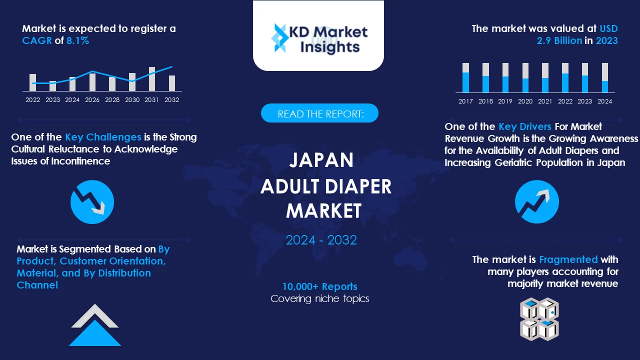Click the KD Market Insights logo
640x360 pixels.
(x=318, y=38)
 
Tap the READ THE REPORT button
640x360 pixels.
(x=320, y=113)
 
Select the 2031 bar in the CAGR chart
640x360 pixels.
(x=152, y=79)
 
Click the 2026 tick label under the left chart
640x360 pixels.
(x=92, y=100)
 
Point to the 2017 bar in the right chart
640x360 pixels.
(x=465, y=78)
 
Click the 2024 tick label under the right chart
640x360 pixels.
(x=604, y=101)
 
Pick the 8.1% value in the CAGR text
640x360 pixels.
(x=77, y=41)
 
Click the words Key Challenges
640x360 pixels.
(x=103, y=137)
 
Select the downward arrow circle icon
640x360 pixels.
(x=92, y=202)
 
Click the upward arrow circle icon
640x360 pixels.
(x=537, y=202)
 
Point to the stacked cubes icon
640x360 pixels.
(x=539, y=319)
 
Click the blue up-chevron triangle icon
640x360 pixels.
(x=95, y=332)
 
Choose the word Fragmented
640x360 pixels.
(x=568, y=259)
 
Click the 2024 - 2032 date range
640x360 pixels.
(x=321, y=240)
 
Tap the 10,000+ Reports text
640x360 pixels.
(x=320, y=286)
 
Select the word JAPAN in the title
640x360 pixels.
(x=321, y=160)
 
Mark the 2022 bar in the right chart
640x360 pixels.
(x=565, y=78)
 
